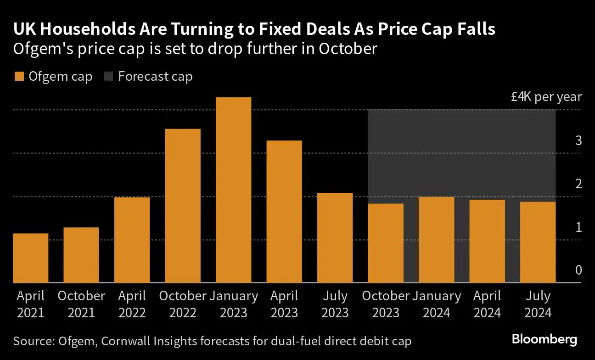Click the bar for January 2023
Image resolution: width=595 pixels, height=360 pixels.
[233, 190]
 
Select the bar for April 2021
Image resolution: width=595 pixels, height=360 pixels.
[30, 258]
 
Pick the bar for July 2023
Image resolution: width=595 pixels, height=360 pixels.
[335, 238]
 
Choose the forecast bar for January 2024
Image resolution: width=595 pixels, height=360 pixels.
[436, 240]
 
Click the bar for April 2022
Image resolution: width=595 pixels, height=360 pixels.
[132, 240]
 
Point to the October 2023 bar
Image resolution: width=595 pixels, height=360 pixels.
[386, 243]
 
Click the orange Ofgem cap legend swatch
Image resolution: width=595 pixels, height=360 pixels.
[19, 77]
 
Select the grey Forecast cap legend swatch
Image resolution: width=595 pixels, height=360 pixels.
[108, 77]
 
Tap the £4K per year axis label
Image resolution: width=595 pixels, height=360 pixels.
[546, 97]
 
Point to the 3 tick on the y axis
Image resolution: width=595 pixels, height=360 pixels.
[578, 141]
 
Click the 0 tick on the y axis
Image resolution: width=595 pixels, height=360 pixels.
[578, 270]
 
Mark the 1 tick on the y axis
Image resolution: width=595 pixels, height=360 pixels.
[578, 227]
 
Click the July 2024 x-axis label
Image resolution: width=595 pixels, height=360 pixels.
[538, 304]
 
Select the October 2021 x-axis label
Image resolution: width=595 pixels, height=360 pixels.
[81, 304]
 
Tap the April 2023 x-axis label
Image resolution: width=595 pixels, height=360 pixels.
[284, 304]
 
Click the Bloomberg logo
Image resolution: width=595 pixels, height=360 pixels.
[544, 340]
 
